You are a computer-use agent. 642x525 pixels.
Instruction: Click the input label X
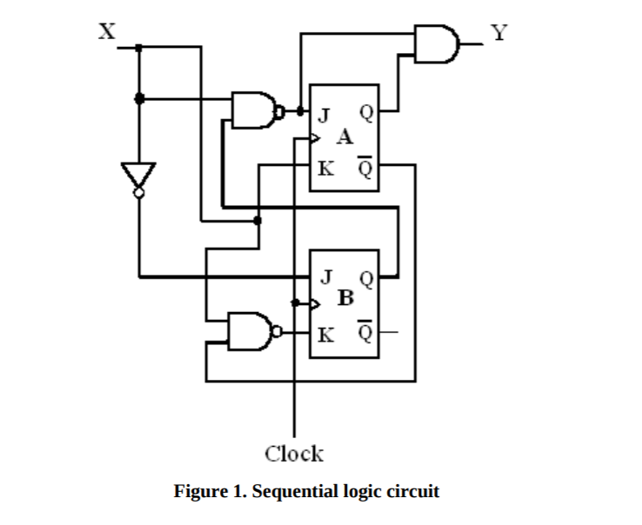(x=105, y=32)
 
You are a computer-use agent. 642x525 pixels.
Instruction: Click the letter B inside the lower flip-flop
(x=345, y=299)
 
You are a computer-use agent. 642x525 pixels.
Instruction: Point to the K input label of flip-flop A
(x=324, y=167)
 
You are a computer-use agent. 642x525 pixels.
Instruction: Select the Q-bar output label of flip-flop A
(x=366, y=165)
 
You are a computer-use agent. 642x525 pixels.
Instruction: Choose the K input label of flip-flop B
(x=324, y=333)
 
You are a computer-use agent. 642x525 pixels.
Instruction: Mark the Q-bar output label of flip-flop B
(x=366, y=331)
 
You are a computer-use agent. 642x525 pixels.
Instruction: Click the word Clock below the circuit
(x=294, y=453)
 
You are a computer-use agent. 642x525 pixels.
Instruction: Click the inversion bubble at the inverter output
(x=138, y=195)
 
